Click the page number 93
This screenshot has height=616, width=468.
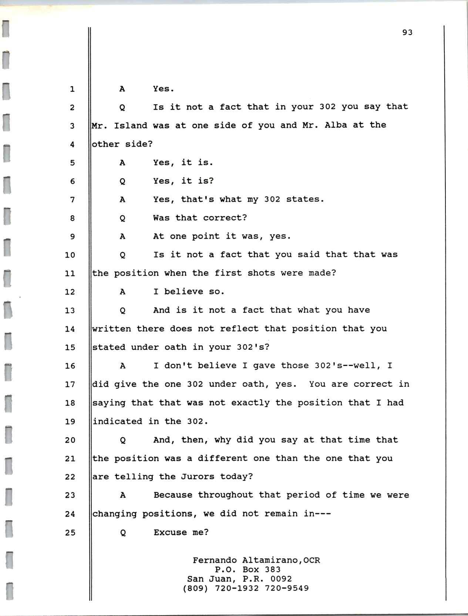coord(407,33)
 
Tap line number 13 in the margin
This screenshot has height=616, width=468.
coord(70,310)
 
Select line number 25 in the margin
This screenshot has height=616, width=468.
coord(70,532)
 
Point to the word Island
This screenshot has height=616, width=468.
coord(131,125)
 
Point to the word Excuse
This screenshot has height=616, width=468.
coord(170,532)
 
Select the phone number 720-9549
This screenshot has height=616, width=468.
coord(287,588)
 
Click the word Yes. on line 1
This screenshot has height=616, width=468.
coord(164,89)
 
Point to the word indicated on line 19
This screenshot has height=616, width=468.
coord(117,421)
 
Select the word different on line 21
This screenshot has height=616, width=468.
coord(222,458)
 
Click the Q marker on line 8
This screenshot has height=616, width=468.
coord(122,218)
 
